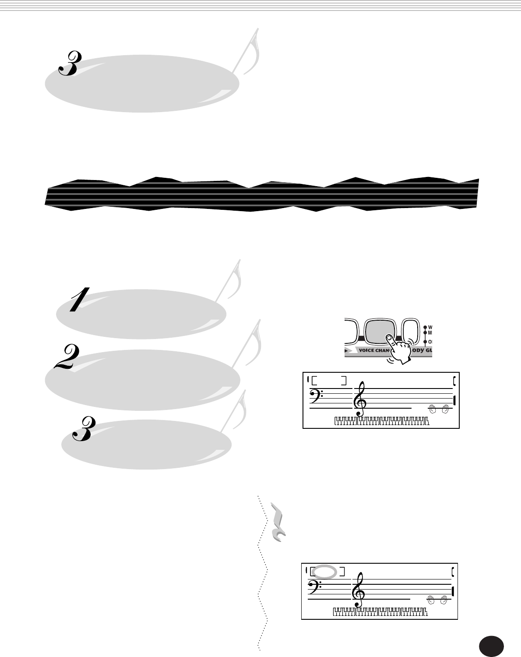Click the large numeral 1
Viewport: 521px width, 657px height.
point(80,300)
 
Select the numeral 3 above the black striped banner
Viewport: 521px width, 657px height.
point(69,63)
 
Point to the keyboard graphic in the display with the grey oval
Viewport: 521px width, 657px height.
point(380,612)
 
